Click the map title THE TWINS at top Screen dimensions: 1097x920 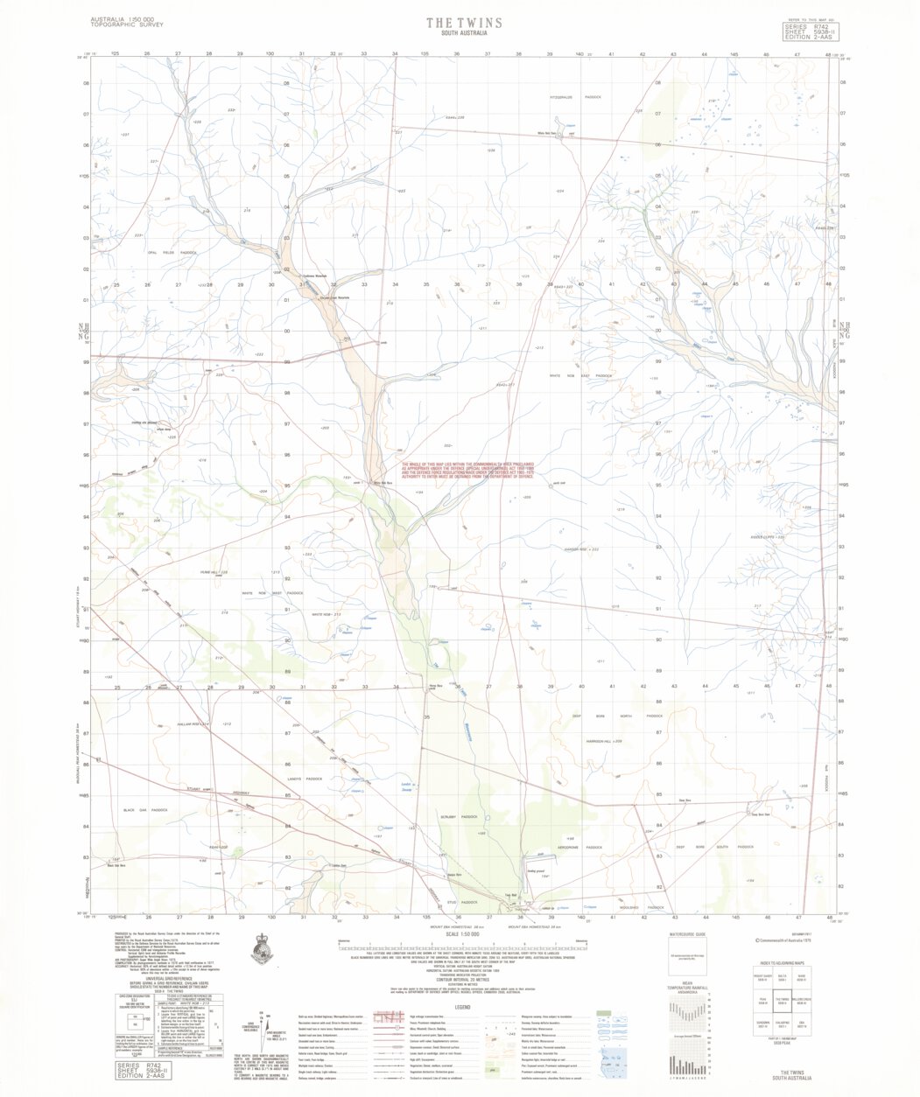[x=464, y=23]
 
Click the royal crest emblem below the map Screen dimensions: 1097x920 [x=261, y=948]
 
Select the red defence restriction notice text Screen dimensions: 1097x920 [x=468, y=471]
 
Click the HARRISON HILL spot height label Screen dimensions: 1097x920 [x=606, y=742]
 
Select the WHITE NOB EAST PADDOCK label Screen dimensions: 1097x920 [x=580, y=375]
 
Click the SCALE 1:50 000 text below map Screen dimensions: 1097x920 [x=464, y=934]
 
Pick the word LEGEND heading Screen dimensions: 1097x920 [x=462, y=1008]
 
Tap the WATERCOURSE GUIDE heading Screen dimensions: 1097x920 [x=686, y=935]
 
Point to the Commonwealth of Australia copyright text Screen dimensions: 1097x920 [x=786, y=941]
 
